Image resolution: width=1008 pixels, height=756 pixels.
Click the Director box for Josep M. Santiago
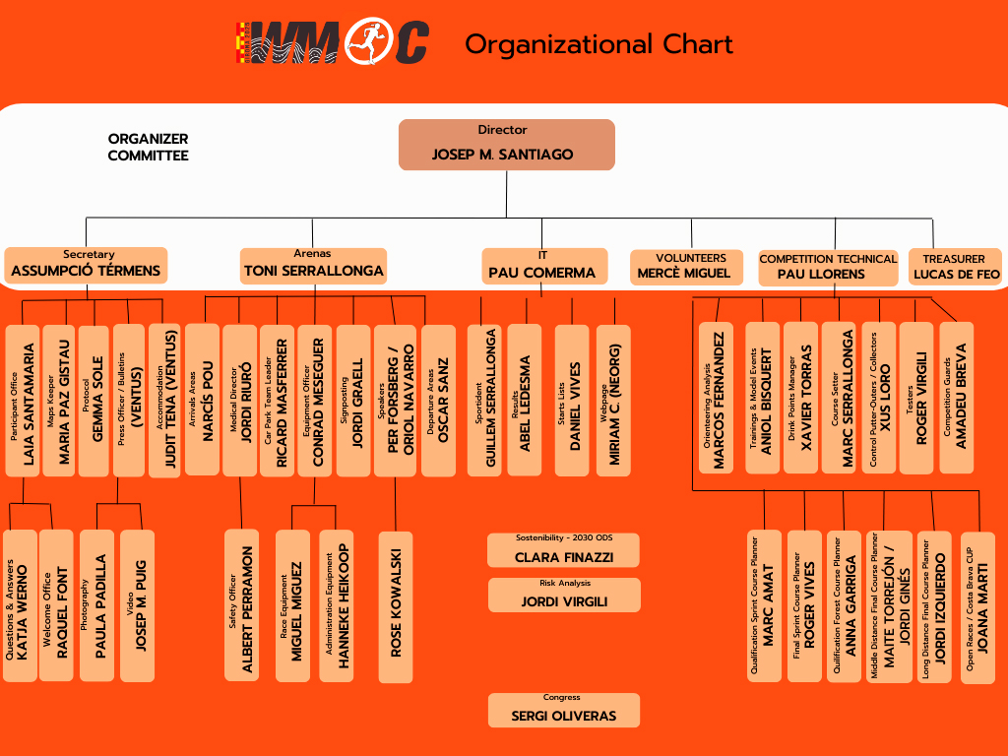pos(506,144)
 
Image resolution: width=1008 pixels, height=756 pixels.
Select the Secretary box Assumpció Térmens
pos(87,265)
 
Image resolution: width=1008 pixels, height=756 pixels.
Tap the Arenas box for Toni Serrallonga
pos(314,264)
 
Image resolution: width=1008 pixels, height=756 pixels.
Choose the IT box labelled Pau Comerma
pos(541,266)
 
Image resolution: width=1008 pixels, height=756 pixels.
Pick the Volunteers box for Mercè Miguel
pos(684,266)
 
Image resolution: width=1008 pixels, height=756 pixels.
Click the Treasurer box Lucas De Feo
pos(956,267)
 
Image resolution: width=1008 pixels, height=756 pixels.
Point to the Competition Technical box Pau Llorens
pos(827,268)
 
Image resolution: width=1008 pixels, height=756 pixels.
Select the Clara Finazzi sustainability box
pos(564,550)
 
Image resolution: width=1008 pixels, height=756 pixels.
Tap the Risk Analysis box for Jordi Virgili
pos(564,595)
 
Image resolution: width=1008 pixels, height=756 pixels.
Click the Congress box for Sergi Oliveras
pos(564,710)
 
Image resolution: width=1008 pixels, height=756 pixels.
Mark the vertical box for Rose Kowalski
pos(396,606)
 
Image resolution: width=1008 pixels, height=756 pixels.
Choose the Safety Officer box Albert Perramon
pos(242,603)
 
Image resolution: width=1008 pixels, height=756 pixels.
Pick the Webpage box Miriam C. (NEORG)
pos(613,401)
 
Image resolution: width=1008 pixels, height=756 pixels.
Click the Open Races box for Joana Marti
pos(977,606)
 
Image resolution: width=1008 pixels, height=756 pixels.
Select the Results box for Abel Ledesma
pos(524,401)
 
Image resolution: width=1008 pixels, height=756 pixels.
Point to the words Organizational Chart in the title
pos(598,44)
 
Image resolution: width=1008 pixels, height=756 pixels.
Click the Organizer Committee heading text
pos(148,147)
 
